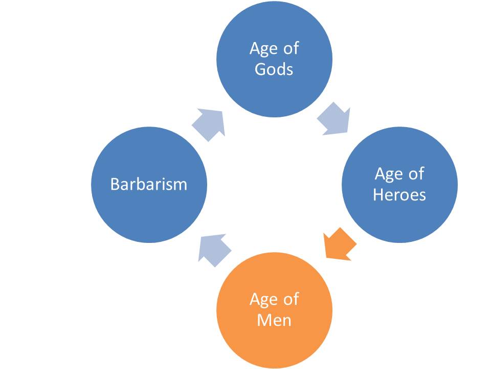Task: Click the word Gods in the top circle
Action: (x=274, y=69)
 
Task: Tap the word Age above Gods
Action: (x=261, y=50)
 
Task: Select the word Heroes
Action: (x=399, y=195)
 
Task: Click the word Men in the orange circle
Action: (x=274, y=320)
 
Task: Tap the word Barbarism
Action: (x=149, y=184)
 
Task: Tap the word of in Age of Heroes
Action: (x=415, y=174)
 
